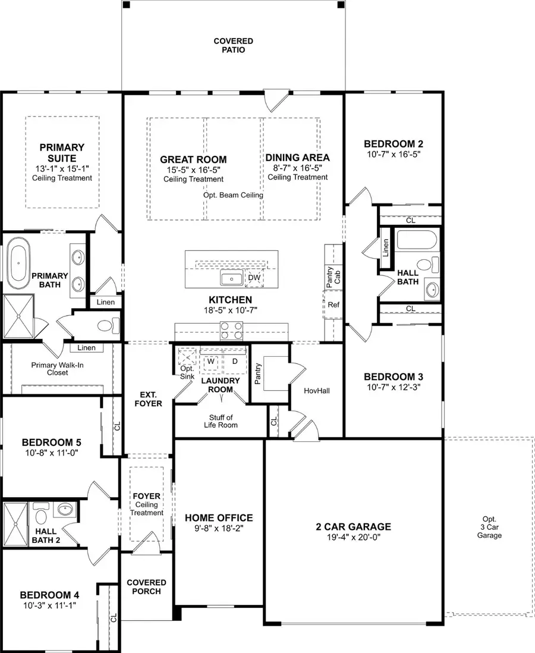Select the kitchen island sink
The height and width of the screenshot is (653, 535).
230,278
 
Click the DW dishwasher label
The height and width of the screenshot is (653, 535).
254,278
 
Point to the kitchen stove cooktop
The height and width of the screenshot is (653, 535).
230,329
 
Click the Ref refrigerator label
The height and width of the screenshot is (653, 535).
333,304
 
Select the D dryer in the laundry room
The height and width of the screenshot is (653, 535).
234,361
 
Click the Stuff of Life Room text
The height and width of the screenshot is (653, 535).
221,421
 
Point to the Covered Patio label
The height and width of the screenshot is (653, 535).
233,46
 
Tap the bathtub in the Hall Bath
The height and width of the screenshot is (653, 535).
416,241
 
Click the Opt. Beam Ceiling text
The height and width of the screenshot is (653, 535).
233,194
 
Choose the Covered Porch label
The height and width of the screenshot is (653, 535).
146,587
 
